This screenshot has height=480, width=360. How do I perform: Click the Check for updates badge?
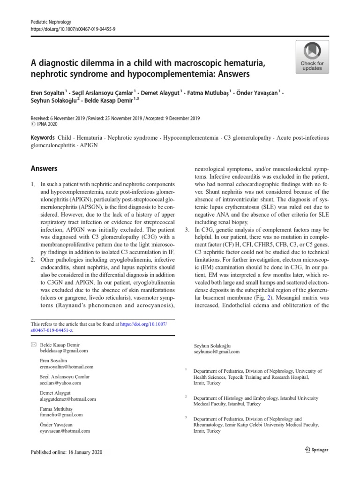[x=312, y=56]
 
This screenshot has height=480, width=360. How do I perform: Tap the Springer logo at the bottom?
[x=317, y=450]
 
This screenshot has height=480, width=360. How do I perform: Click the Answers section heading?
[x=44, y=168]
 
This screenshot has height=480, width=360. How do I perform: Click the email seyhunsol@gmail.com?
[x=217, y=352]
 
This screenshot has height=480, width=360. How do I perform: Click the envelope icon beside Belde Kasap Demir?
[x=33, y=345]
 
